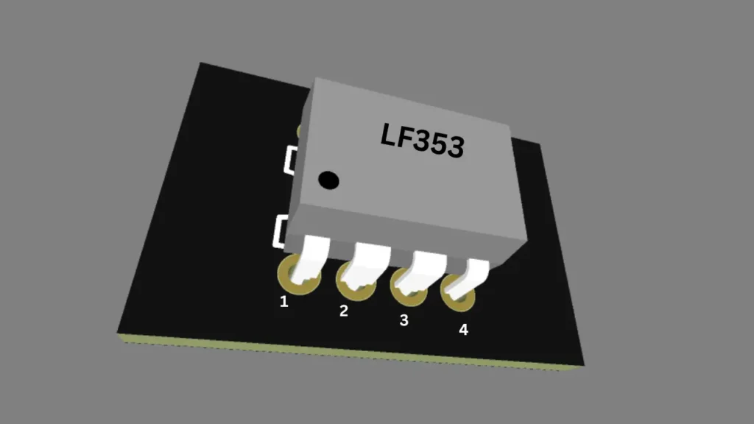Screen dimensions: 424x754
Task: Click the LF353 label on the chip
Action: (422, 139)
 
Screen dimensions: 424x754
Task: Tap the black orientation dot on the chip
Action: (328, 179)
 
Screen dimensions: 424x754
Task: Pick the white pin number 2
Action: (343, 311)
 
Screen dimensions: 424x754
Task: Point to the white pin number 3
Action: (404, 320)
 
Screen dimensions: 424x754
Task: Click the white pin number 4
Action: (463, 330)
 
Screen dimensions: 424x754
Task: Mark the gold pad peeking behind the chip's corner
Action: (300, 131)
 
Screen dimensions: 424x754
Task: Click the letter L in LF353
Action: (388, 134)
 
